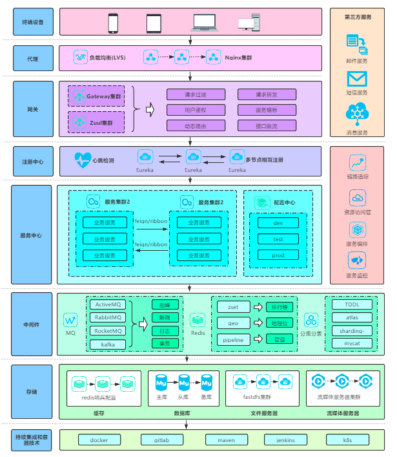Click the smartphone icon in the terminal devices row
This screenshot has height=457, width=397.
[x=114, y=23]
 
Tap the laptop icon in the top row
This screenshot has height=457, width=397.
[x=205, y=23]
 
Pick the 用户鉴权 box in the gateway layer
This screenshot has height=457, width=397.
[x=196, y=109]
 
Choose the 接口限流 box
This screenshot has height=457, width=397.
[x=267, y=125]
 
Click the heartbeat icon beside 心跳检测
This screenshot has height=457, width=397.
[x=83, y=158]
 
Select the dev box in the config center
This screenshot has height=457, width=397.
[x=278, y=222]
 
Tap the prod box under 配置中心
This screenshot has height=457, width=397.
[x=278, y=255]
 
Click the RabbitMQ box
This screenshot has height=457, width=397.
[x=108, y=317]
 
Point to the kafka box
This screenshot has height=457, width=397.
[x=108, y=345]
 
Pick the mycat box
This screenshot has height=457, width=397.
[x=351, y=343]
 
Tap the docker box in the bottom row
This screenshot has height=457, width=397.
[x=99, y=440]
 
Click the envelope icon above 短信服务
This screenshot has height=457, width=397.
[x=356, y=78]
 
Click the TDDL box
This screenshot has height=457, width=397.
[x=351, y=304]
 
